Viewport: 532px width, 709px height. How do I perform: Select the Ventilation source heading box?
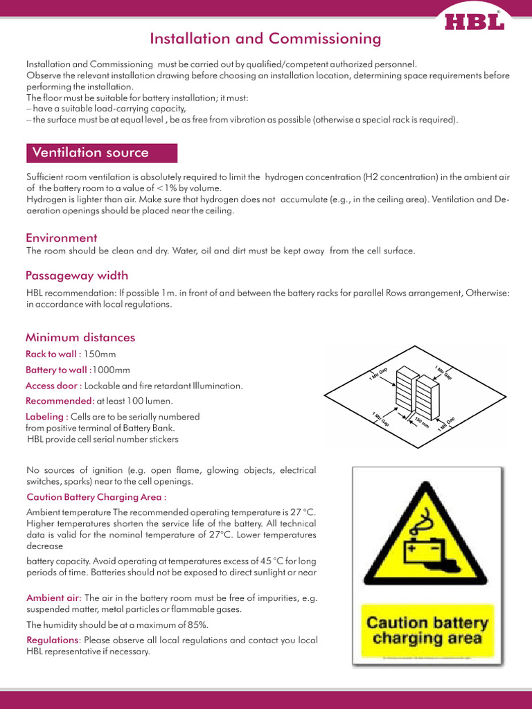tap(101, 153)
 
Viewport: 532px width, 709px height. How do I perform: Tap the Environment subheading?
tap(62, 237)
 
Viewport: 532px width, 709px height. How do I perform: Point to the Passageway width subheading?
tap(77, 276)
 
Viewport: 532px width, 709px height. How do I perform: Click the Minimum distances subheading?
tap(80, 338)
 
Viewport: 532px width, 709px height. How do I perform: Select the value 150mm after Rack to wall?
tap(100, 354)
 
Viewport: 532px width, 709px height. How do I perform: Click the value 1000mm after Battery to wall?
tap(112, 370)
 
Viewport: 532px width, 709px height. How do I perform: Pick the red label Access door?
tap(53, 386)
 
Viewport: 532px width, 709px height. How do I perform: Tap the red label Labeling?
tap(46, 417)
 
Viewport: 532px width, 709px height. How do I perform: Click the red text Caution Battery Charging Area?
tap(96, 497)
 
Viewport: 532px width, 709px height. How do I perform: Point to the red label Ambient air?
tap(54, 598)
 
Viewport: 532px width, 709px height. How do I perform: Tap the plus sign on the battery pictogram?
tap(413, 547)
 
